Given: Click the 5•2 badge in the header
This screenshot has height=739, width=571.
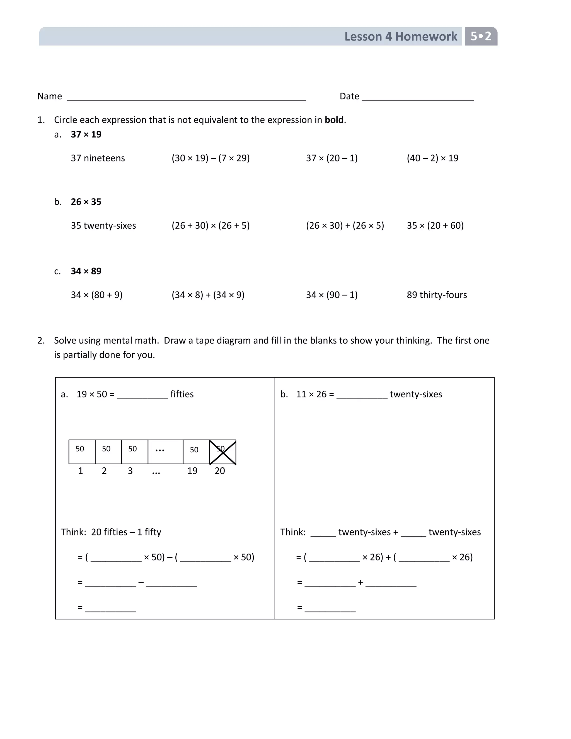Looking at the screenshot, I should (481, 36).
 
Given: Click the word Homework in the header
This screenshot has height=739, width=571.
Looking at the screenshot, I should (426, 37).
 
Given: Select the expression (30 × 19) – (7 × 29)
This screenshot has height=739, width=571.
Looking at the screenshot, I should (211, 158).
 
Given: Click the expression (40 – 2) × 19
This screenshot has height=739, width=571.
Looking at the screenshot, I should (432, 158).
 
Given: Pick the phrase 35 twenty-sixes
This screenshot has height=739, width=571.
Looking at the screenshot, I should (103, 225).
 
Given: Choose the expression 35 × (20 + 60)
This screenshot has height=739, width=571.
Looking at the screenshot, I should (435, 225).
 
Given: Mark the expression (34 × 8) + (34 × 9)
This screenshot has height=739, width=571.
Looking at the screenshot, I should (208, 295).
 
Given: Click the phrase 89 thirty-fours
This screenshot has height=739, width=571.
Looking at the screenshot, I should (436, 295).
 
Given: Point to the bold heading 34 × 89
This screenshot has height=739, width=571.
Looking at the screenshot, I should (86, 271).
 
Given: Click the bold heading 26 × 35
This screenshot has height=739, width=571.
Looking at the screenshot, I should (86, 202).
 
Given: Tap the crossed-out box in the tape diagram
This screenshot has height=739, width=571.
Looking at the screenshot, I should (222, 452).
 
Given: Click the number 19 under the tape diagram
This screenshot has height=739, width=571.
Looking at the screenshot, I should (192, 471).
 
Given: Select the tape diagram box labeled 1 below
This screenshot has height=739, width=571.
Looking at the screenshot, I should (82, 452).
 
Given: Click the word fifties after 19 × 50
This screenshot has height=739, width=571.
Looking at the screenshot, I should (182, 394).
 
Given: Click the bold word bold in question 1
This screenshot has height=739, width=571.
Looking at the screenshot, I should (334, 120).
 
